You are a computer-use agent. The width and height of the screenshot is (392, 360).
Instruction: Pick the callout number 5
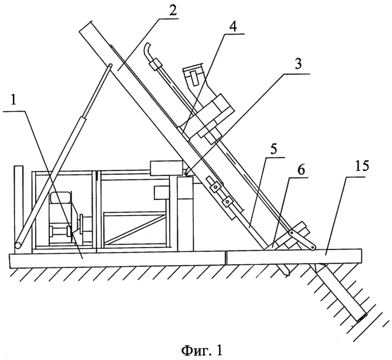click(273, 149)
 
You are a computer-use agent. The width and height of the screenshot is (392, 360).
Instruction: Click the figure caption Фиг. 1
click(201, 350)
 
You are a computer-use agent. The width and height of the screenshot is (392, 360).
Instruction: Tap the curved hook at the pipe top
click(148, 51)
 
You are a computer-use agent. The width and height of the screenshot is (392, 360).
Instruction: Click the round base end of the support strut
click(18, 245)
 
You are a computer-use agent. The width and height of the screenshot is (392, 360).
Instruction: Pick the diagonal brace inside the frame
click(135, 229)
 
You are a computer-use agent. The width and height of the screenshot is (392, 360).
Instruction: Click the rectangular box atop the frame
click(166, 168)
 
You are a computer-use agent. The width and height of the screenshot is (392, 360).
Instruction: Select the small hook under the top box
click(186, 172)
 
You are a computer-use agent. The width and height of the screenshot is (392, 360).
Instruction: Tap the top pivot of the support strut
click(110, 65)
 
